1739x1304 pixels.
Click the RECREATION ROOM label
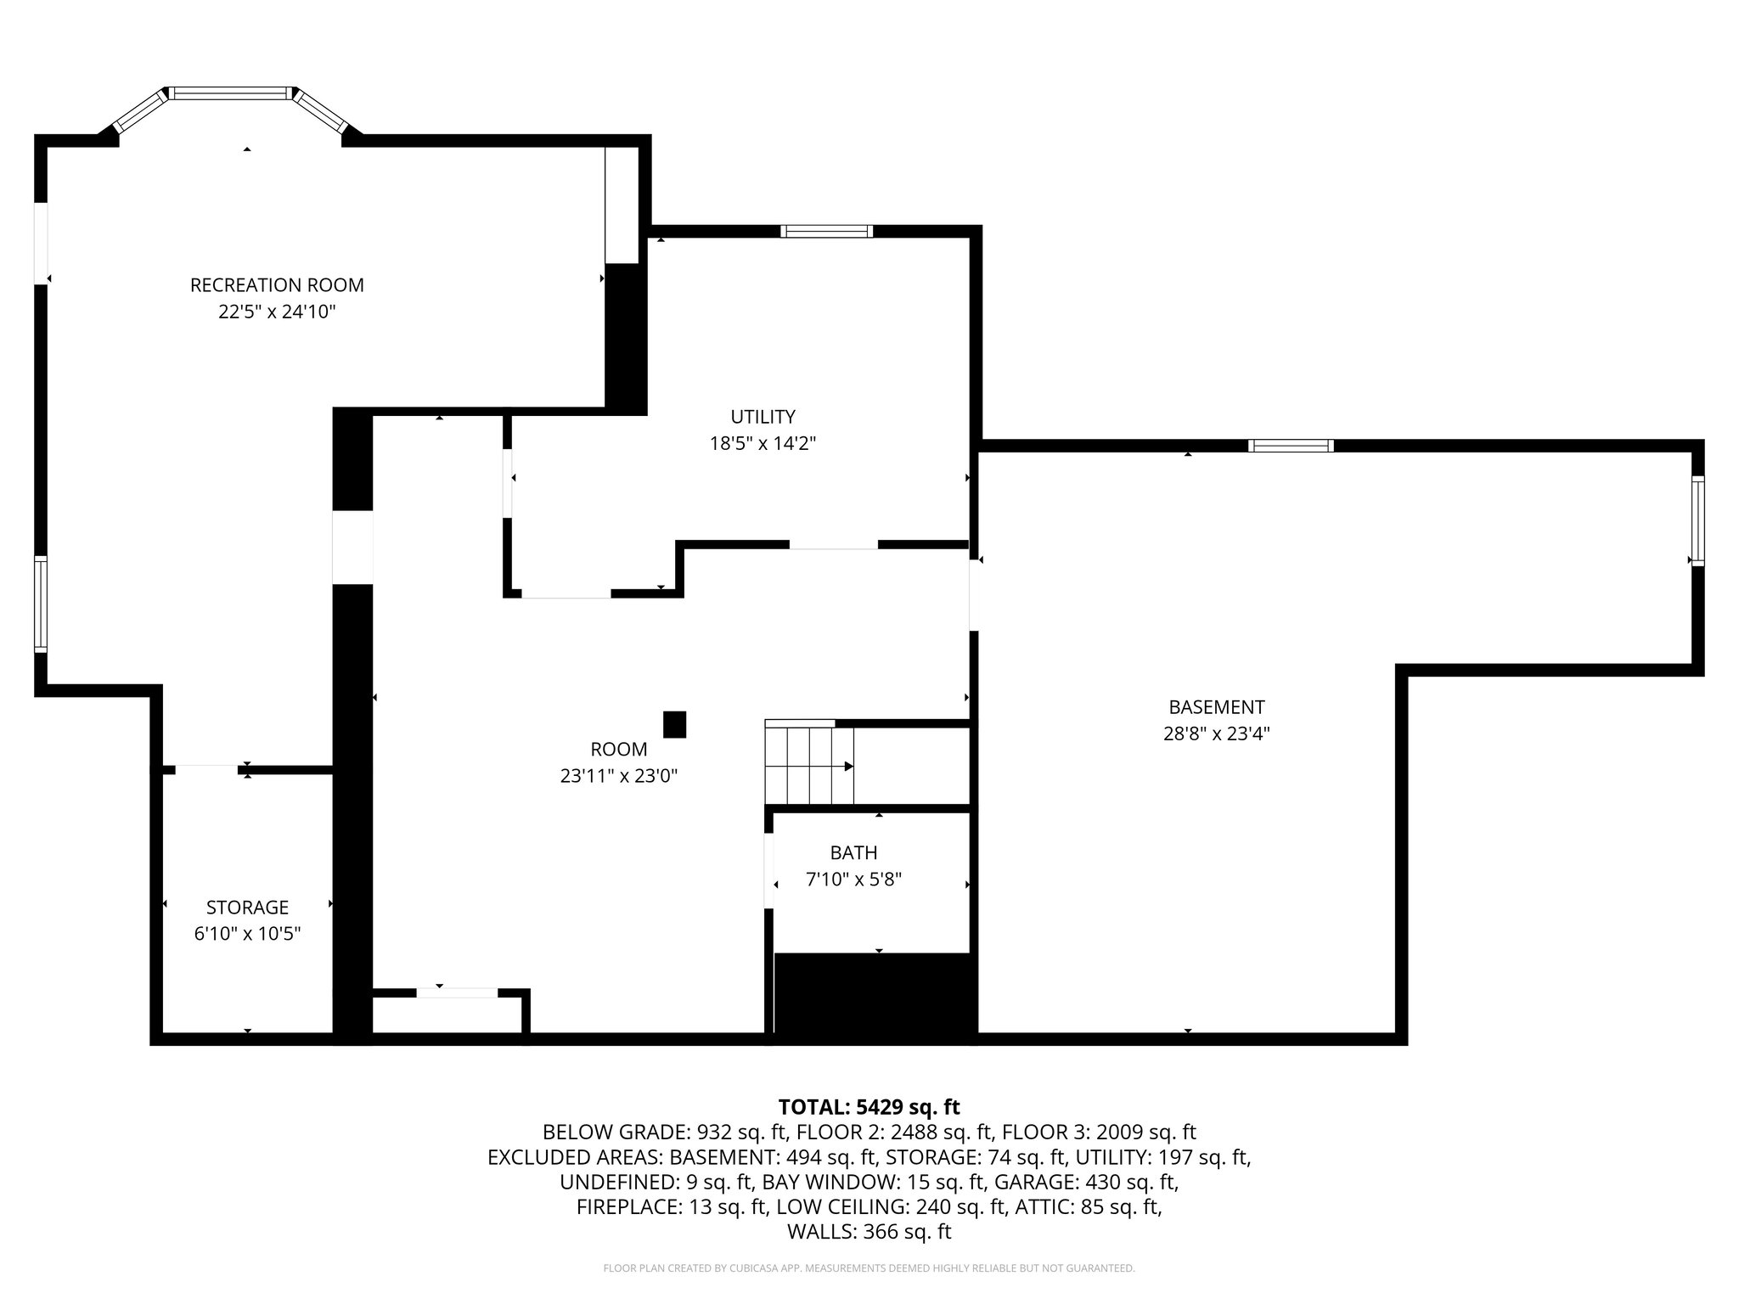tap(277, 285)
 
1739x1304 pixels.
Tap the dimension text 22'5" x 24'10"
tap(277, 312)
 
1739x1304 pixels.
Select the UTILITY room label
tap(763, 417)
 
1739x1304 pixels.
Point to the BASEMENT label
tap(1216, 707)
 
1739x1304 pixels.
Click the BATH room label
tap(853, 852)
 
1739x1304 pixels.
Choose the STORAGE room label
tap(247, 908)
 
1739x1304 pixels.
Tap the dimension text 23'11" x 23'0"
tap(618, 776)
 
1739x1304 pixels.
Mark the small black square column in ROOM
tap(674, 724)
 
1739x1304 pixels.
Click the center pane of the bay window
tap(231, 93)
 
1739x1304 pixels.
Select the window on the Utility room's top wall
tap(826, 231)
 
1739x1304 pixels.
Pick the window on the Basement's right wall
tap(1697, 520)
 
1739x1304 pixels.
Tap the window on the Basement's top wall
tap(1291, 446)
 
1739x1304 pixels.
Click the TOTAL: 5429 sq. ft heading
tap(869, 1107)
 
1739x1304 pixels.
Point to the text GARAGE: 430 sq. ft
tap(1086, 1182)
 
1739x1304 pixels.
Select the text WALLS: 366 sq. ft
tap(869, 1232)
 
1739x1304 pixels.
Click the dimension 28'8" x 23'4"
tap(1216, 733)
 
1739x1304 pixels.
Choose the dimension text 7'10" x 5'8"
tap(853, 880)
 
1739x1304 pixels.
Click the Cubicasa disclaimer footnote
tap(869, 1268)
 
